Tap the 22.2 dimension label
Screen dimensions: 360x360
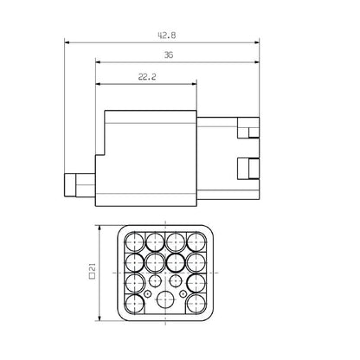point(147,76)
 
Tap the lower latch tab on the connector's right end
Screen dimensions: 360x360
point(248,166)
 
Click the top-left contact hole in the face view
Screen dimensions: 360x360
point(135,241)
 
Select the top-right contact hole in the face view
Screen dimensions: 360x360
point(196,241)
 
